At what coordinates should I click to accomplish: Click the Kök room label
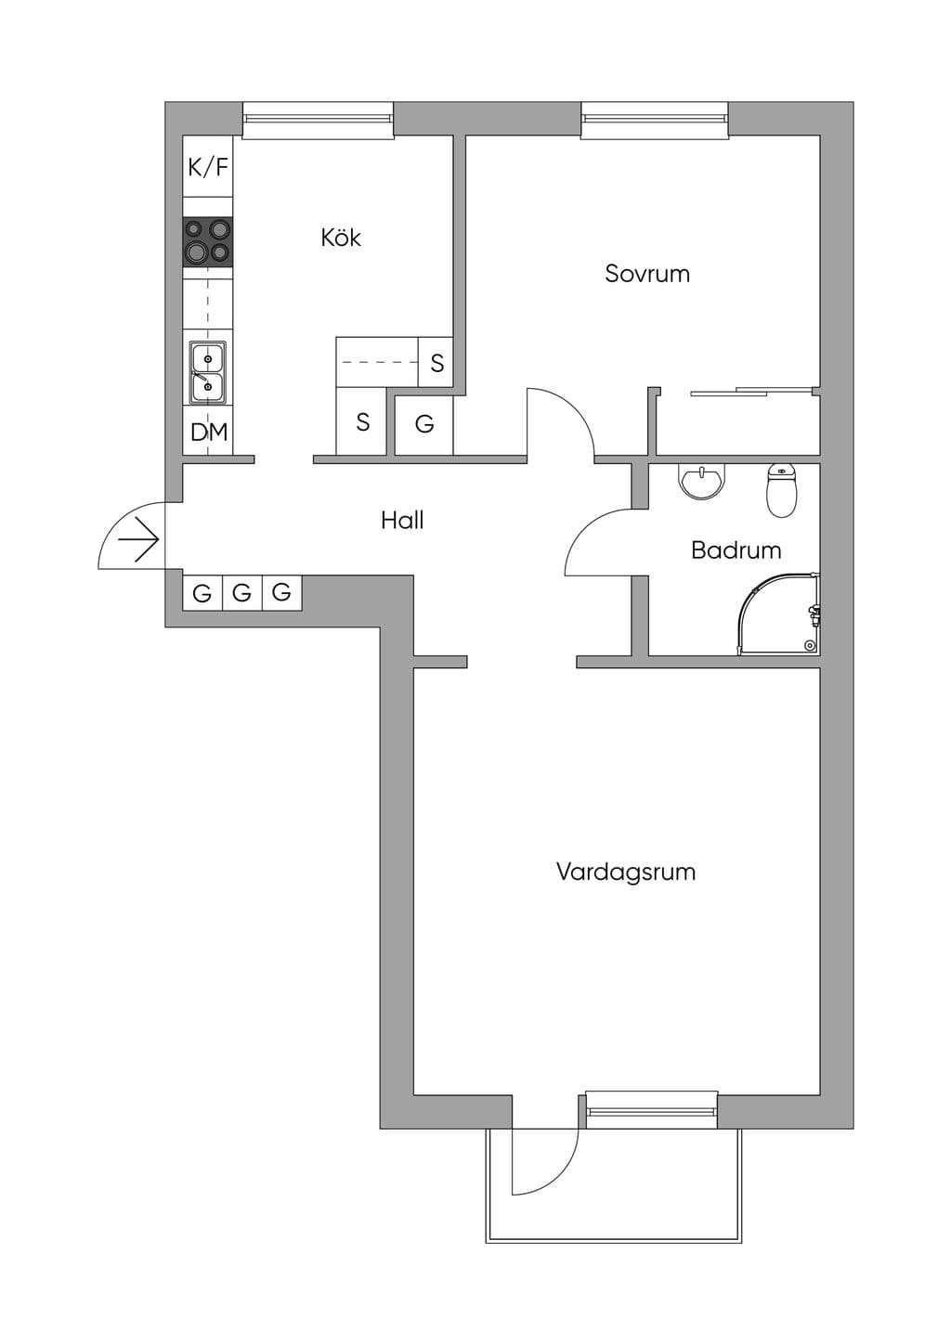(341, 239)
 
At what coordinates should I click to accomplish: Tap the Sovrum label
(647, 274)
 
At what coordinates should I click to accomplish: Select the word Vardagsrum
(626, 872)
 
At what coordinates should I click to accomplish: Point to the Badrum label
(736, 550)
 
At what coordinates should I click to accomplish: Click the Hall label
(402, 520)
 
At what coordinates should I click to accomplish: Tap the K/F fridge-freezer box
(208, 166)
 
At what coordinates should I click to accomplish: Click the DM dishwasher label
(209, 432)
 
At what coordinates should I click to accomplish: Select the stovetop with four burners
(208, 242)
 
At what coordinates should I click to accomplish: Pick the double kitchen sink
(208, 372)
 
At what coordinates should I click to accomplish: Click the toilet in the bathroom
(782, 490)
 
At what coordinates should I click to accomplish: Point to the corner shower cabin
(779, 614)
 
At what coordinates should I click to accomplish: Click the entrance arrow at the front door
(138, 539)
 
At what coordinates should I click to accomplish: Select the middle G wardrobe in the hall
(242, 593)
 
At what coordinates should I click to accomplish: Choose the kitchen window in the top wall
(319, 120)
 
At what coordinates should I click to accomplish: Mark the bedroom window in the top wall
(655, 120)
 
